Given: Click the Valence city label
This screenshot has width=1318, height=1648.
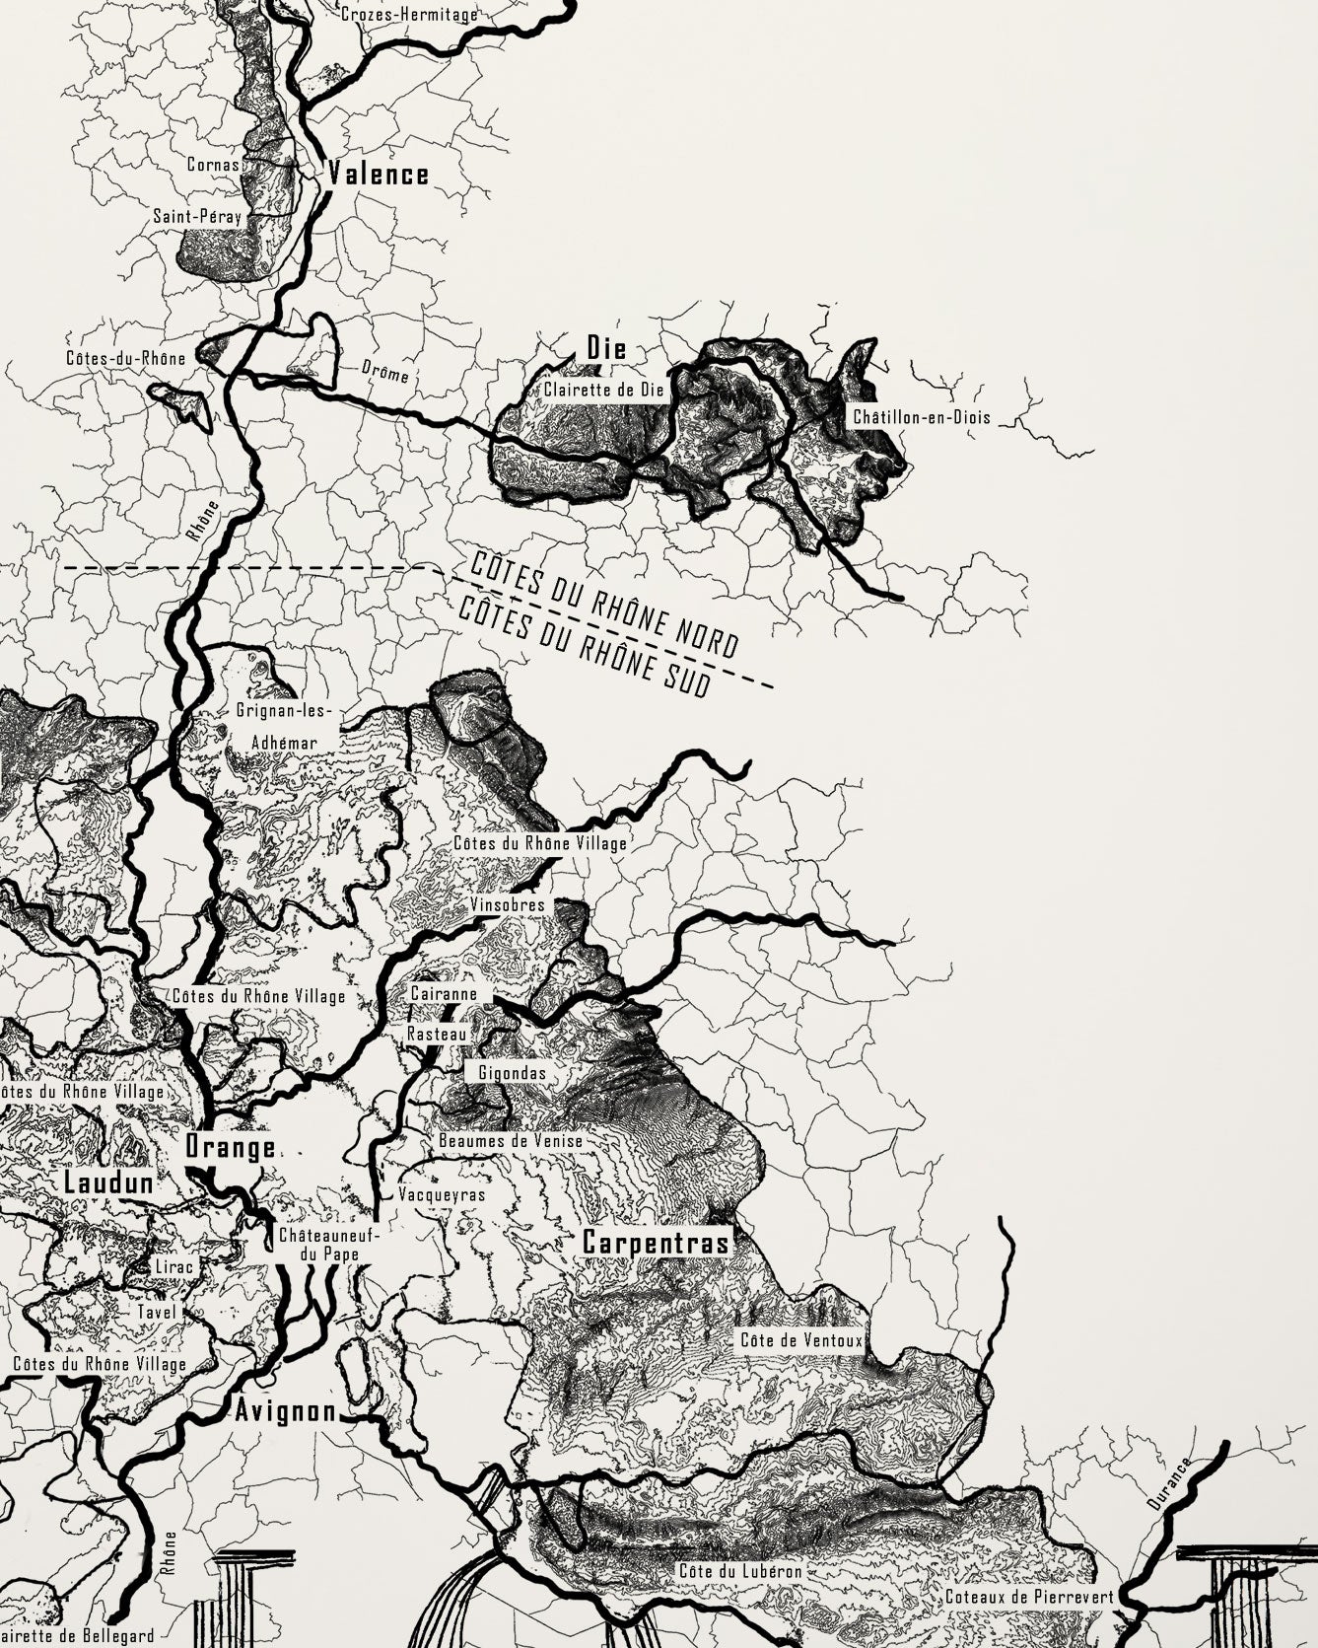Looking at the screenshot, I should pyautogui.click(x=379, y=176).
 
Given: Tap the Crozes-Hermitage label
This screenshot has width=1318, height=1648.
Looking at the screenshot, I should pyautogui.click(x=409, y=15).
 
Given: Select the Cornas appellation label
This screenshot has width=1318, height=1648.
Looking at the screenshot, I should pyautogui.click(x=214, y=165).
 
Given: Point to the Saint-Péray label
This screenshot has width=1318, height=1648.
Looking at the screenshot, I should pyautogui.click(x=197, y=215).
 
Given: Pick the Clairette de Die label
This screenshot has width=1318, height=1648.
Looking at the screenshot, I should pyautogui.click(x=604, y=390).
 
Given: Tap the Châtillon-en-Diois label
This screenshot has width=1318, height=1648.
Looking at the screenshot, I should pyautogui.click(x=922, y=417).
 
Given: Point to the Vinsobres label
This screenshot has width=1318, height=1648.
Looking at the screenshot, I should pyautogui.click(x=507, y=904).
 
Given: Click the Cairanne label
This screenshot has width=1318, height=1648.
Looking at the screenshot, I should pyautogui.click(x=444, y=994).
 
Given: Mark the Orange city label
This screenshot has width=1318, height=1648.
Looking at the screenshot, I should pyautogui.click(x=231, y=1148).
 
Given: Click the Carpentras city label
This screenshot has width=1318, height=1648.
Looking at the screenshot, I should pyautogui.click(x=656, y=1242).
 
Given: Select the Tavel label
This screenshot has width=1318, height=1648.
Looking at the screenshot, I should pyautogui.click(x=157, y=1312).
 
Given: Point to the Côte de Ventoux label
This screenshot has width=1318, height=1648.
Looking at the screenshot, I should pyautogui.click(x=801, y=1340).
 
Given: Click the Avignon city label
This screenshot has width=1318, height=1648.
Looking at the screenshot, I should pyautogui.click(x=285, y=1412).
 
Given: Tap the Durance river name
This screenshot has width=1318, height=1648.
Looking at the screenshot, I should pyautogui.click(x=1170, y=1485).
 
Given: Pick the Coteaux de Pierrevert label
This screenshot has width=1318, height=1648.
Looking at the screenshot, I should pyautogui.click(x=1028, y=1596).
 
